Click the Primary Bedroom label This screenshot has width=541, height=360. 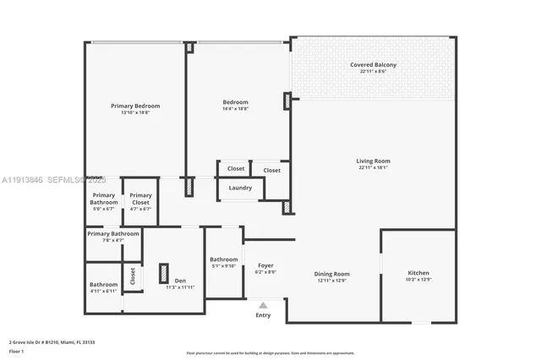pos(135,106)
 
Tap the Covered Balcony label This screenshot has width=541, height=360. pos(373,65)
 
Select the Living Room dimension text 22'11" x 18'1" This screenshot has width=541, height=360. pos(373,167)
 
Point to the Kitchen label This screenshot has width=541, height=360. pos(418,273)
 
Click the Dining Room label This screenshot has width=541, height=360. pos(332,274)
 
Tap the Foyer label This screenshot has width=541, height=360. pos(265,265)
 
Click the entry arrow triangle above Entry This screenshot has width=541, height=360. pos(263,305)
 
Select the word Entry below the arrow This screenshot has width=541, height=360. pos(263,315)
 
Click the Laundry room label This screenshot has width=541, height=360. pos(240,188)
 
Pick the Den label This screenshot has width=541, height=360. pos(180,281)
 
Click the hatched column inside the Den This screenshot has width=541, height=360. pos(163,274)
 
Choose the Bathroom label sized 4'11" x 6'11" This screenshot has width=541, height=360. pos(103,285)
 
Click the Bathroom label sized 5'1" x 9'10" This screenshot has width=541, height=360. pos(223,259)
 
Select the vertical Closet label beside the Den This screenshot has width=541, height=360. pos(133,275)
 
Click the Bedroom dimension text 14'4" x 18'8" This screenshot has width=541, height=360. pos(235,109)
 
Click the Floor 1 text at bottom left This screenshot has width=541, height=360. pos(16,351)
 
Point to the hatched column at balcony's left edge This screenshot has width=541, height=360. pos(287,101)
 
